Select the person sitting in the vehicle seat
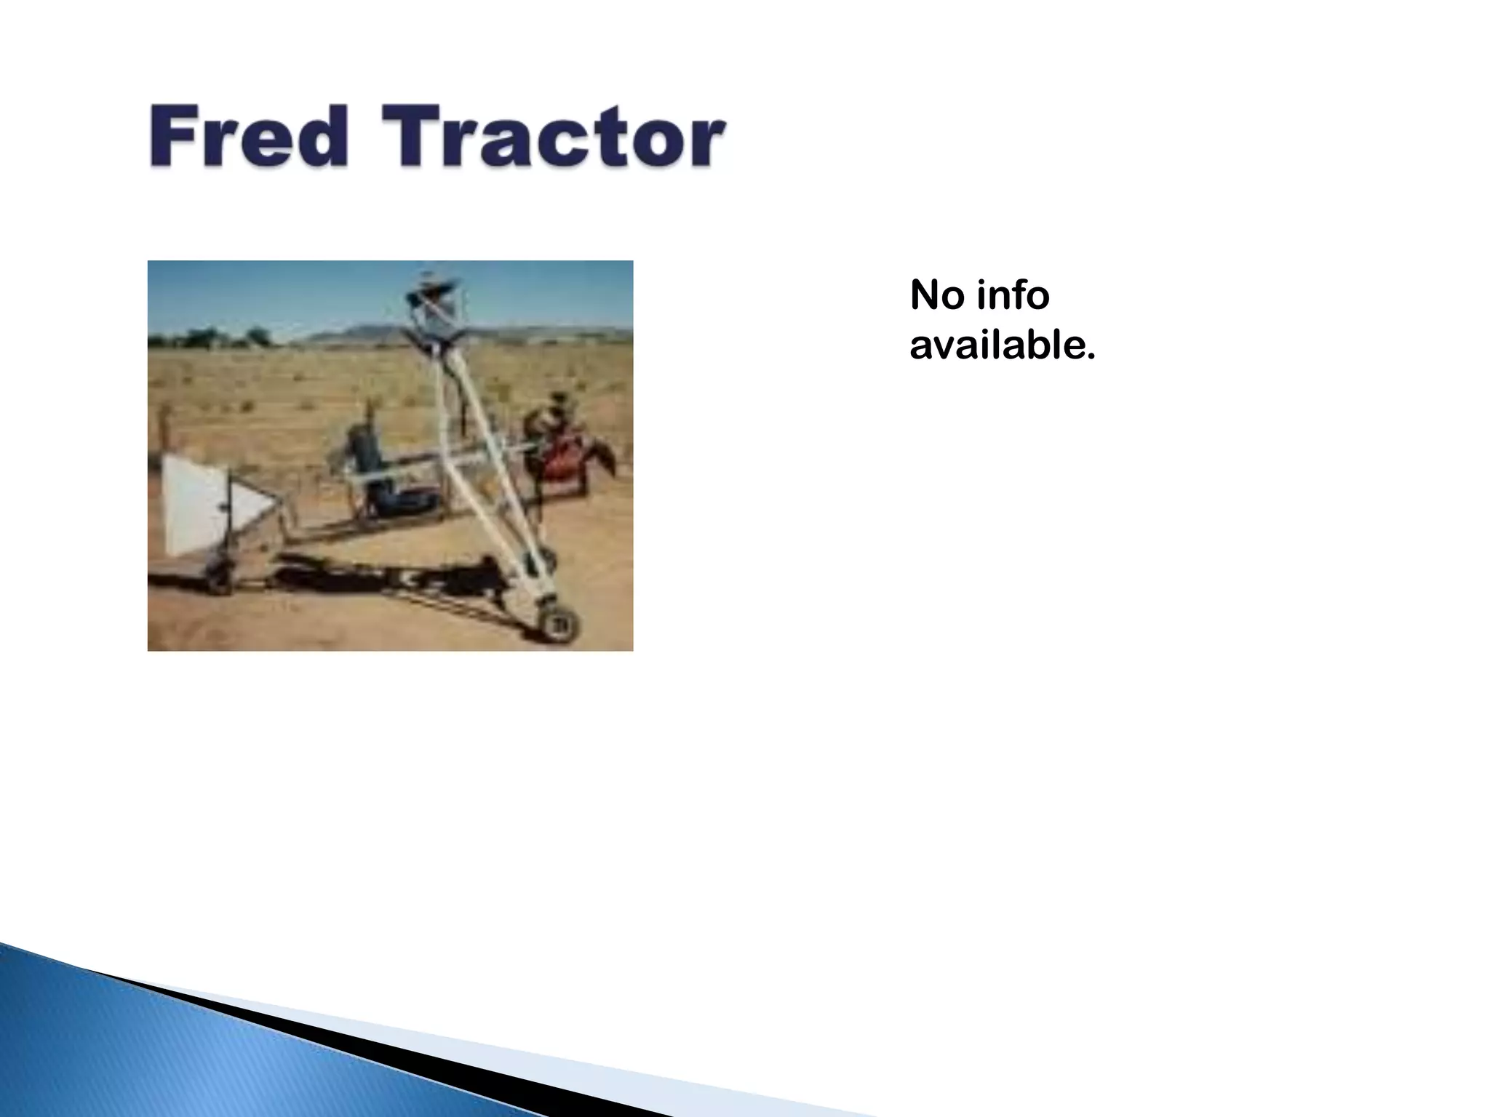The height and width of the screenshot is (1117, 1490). pyautogui.click(x=371, y=465)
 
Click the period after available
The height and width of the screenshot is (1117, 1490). pyautogui.click(x=1089, y=356)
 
